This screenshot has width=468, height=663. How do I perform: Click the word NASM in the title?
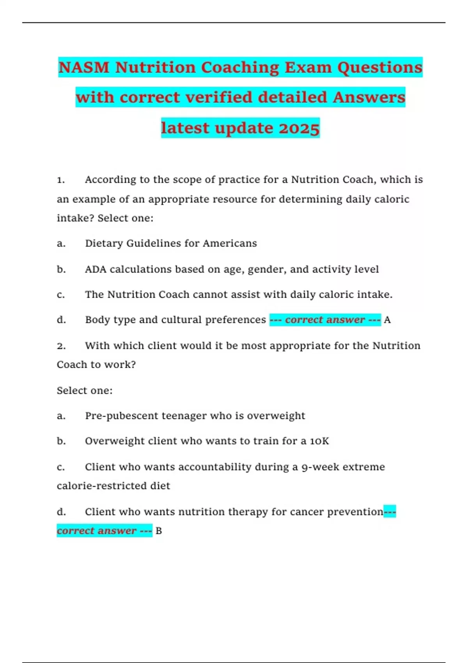coord(84,67)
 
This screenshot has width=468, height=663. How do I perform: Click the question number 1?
coord(60,180)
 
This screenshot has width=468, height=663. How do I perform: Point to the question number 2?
coord(61,346)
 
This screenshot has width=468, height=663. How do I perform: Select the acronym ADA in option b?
coord(96,269)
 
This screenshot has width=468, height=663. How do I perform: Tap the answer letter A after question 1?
coord(387,320)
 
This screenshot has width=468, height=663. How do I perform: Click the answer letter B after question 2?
coord(159,531)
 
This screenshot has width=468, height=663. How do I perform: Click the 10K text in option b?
coord(319,441)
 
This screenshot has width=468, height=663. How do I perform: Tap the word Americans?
coord(230,244)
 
